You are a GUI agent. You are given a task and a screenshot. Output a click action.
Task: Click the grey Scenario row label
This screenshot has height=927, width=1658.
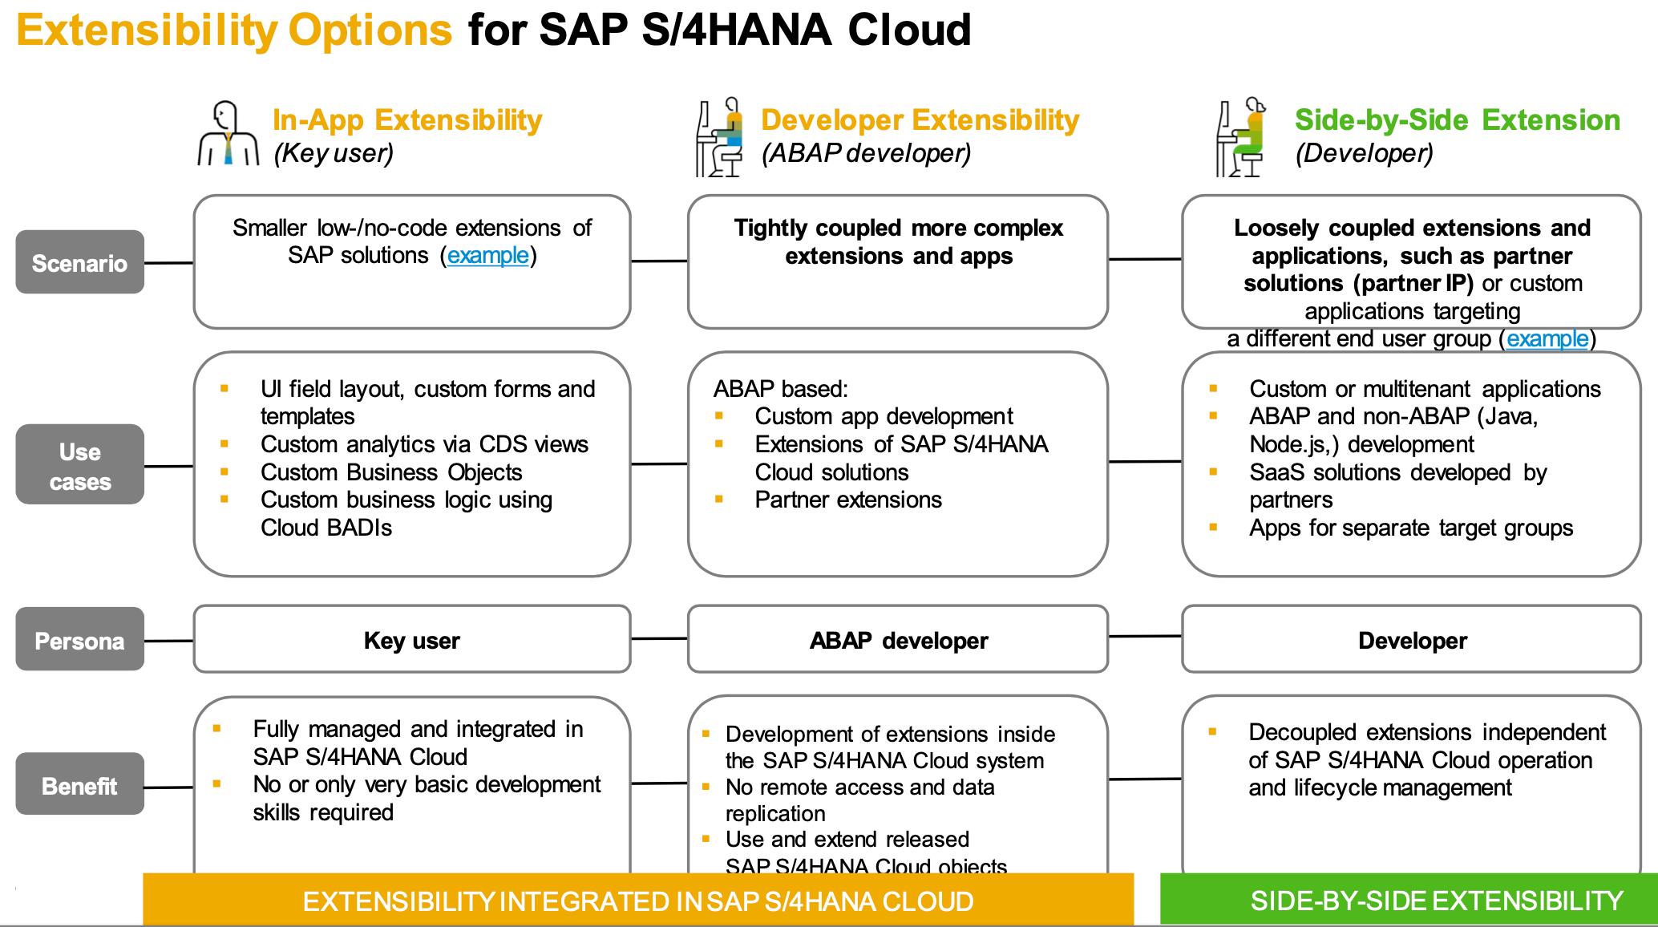[79, 262]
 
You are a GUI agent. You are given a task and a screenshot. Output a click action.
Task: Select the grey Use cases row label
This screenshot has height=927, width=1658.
[79, 465]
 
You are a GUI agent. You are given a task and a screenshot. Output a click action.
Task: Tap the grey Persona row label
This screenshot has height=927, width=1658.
[79, 640]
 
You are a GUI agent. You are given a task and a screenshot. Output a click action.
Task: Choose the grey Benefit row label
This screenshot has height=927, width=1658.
[79, 785]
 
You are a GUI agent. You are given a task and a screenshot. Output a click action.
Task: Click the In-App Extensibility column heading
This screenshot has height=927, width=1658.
[407, 120]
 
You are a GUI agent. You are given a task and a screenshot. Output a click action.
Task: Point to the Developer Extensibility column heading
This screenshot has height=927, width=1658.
[920, 120]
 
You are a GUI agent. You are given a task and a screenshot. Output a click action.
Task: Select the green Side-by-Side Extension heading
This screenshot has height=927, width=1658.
[1457, 120]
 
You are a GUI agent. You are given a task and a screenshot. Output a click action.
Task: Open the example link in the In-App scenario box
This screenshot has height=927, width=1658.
[487, 256]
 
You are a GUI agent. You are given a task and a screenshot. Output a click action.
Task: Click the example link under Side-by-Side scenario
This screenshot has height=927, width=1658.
[1547, 339]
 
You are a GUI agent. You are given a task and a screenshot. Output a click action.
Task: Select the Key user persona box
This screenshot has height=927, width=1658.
[411, 640]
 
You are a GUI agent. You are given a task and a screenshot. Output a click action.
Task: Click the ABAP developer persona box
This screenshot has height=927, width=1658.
[898, 640]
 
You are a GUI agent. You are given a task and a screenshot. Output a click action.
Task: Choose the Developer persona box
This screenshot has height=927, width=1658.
[1411, 640]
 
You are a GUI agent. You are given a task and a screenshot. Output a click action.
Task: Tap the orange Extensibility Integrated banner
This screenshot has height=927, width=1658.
[637, 901]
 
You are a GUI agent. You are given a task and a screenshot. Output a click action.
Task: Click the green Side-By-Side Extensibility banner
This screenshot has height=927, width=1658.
[1436, 901]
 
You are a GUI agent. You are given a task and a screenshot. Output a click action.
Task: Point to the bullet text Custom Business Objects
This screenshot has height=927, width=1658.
[391, 472]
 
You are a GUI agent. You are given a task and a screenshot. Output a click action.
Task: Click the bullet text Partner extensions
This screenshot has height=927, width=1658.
[847, 500]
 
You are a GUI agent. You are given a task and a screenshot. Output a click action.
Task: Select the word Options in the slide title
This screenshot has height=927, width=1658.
[370, 30]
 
